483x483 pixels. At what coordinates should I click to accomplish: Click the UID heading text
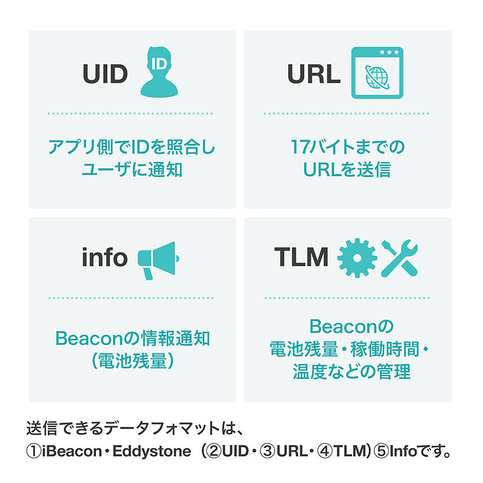click(x=105, y=74)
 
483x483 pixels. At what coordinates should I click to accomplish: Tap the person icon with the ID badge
click(x=159, y=72)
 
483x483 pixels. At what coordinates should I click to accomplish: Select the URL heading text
click(x=313, y=74)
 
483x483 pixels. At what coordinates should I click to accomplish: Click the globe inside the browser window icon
click(x=377, y=77)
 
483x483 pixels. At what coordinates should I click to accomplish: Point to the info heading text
click(x=104, y=257)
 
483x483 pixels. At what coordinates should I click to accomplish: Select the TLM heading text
click(x=301, y=257)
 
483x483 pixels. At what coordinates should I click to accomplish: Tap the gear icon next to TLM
click(x=357, y=258)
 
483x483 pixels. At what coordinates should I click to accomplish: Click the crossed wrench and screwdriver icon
click(x=400, y=258)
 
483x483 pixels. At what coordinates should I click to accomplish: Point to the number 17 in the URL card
click(x=299, y=147)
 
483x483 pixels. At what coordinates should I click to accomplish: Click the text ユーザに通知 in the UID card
click(x=132, y=170)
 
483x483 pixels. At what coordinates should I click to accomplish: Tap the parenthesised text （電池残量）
click(x=132, y=361)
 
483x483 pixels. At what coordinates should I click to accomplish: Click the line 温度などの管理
click(x=351, y=371)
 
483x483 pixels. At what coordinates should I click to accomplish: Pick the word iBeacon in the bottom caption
click(x=72, y=451)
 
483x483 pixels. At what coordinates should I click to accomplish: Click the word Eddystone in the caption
click(x=152, y=452)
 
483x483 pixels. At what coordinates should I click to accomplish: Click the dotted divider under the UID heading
click(x=130, y=114)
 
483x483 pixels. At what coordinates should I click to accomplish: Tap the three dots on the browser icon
click(x=389, y=53)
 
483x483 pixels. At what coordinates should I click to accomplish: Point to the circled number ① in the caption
click(x=34, y=452)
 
